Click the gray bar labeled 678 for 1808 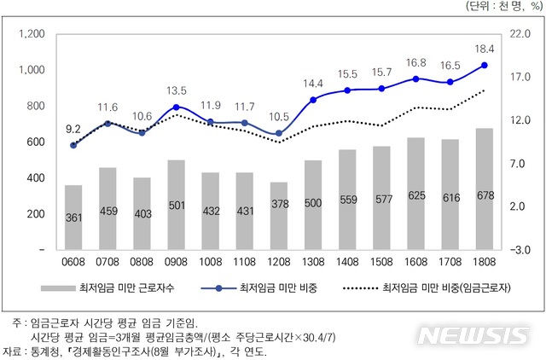[x=485, y=189]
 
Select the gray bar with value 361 [x=74, y=217]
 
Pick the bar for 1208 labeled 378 [x=279, y=215]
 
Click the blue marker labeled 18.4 [x=485, y=65]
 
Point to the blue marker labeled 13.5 [x=176, y=107]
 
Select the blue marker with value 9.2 [x=73, y=145]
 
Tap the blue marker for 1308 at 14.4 [x=313, y=100]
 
